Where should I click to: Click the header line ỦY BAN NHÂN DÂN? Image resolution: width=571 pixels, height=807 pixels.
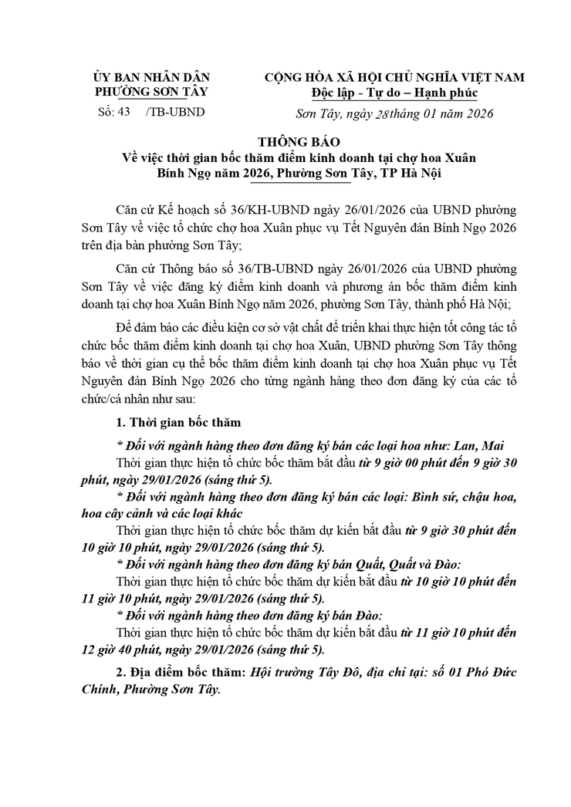click(151, 77)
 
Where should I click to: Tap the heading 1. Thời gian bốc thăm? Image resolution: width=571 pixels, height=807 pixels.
click(178, 422)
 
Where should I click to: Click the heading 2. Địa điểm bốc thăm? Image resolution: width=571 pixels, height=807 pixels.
click(178, 671)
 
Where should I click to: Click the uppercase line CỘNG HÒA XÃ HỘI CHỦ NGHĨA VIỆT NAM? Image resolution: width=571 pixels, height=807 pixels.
click(394, 77)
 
